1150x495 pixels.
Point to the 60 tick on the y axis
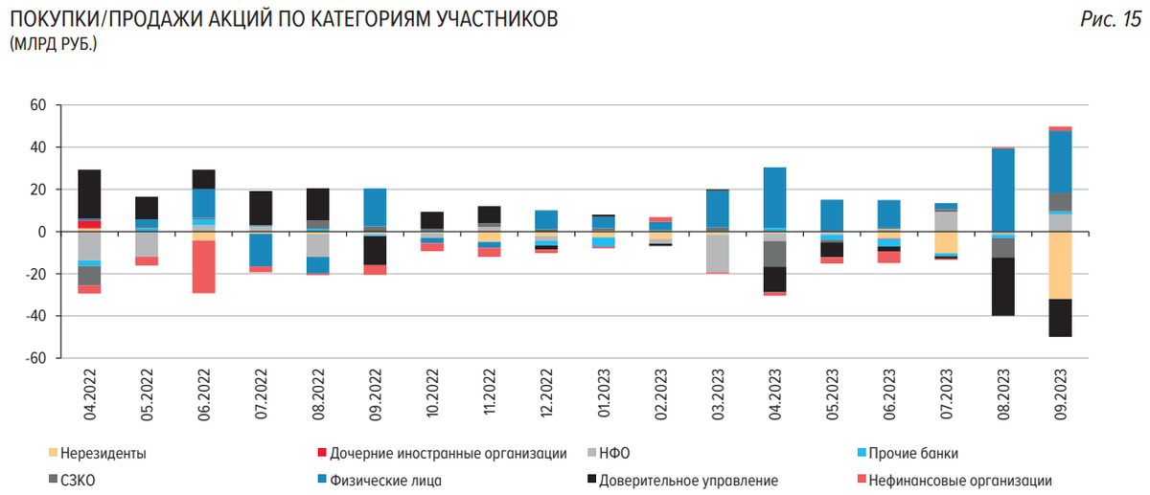pyautogui.click(x=38, y=105)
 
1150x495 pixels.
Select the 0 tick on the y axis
pyautogui.click(x=42, y=232)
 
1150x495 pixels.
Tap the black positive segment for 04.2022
pyautogui.click(x=90, y=194)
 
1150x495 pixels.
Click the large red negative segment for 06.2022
pyautogui.click(x=203, y=266)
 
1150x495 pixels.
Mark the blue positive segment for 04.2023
pyautogui.click(x=775, y=198)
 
